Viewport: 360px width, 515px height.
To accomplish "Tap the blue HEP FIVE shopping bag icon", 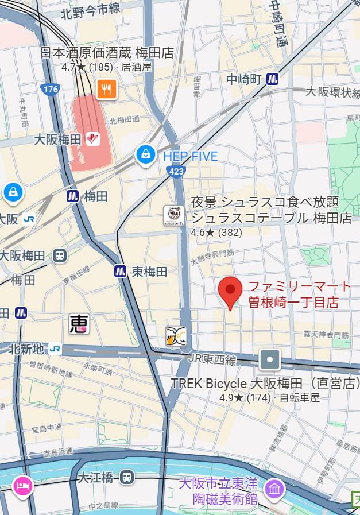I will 146,154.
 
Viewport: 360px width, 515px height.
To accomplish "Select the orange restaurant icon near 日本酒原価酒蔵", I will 107,89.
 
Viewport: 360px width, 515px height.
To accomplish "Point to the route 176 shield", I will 51,90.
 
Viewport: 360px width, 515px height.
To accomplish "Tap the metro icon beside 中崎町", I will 272,79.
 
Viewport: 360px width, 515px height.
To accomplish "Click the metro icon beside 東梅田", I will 120,271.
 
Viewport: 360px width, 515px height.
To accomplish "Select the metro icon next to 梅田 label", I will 72,196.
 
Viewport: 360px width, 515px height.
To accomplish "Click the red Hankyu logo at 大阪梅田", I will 93,138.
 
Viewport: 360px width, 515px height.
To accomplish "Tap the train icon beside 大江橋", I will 127,477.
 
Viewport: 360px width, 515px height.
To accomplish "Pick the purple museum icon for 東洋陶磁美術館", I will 274,489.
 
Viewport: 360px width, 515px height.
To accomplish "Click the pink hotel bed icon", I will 22,486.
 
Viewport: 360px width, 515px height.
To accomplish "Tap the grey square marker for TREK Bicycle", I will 269,360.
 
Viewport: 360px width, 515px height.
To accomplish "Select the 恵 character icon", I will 79,324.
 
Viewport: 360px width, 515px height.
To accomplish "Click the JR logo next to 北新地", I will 55,349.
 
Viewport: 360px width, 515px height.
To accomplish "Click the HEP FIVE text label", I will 191,156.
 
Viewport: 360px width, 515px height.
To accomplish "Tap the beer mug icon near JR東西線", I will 176,336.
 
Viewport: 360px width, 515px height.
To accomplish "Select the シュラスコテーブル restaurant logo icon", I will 173,215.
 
